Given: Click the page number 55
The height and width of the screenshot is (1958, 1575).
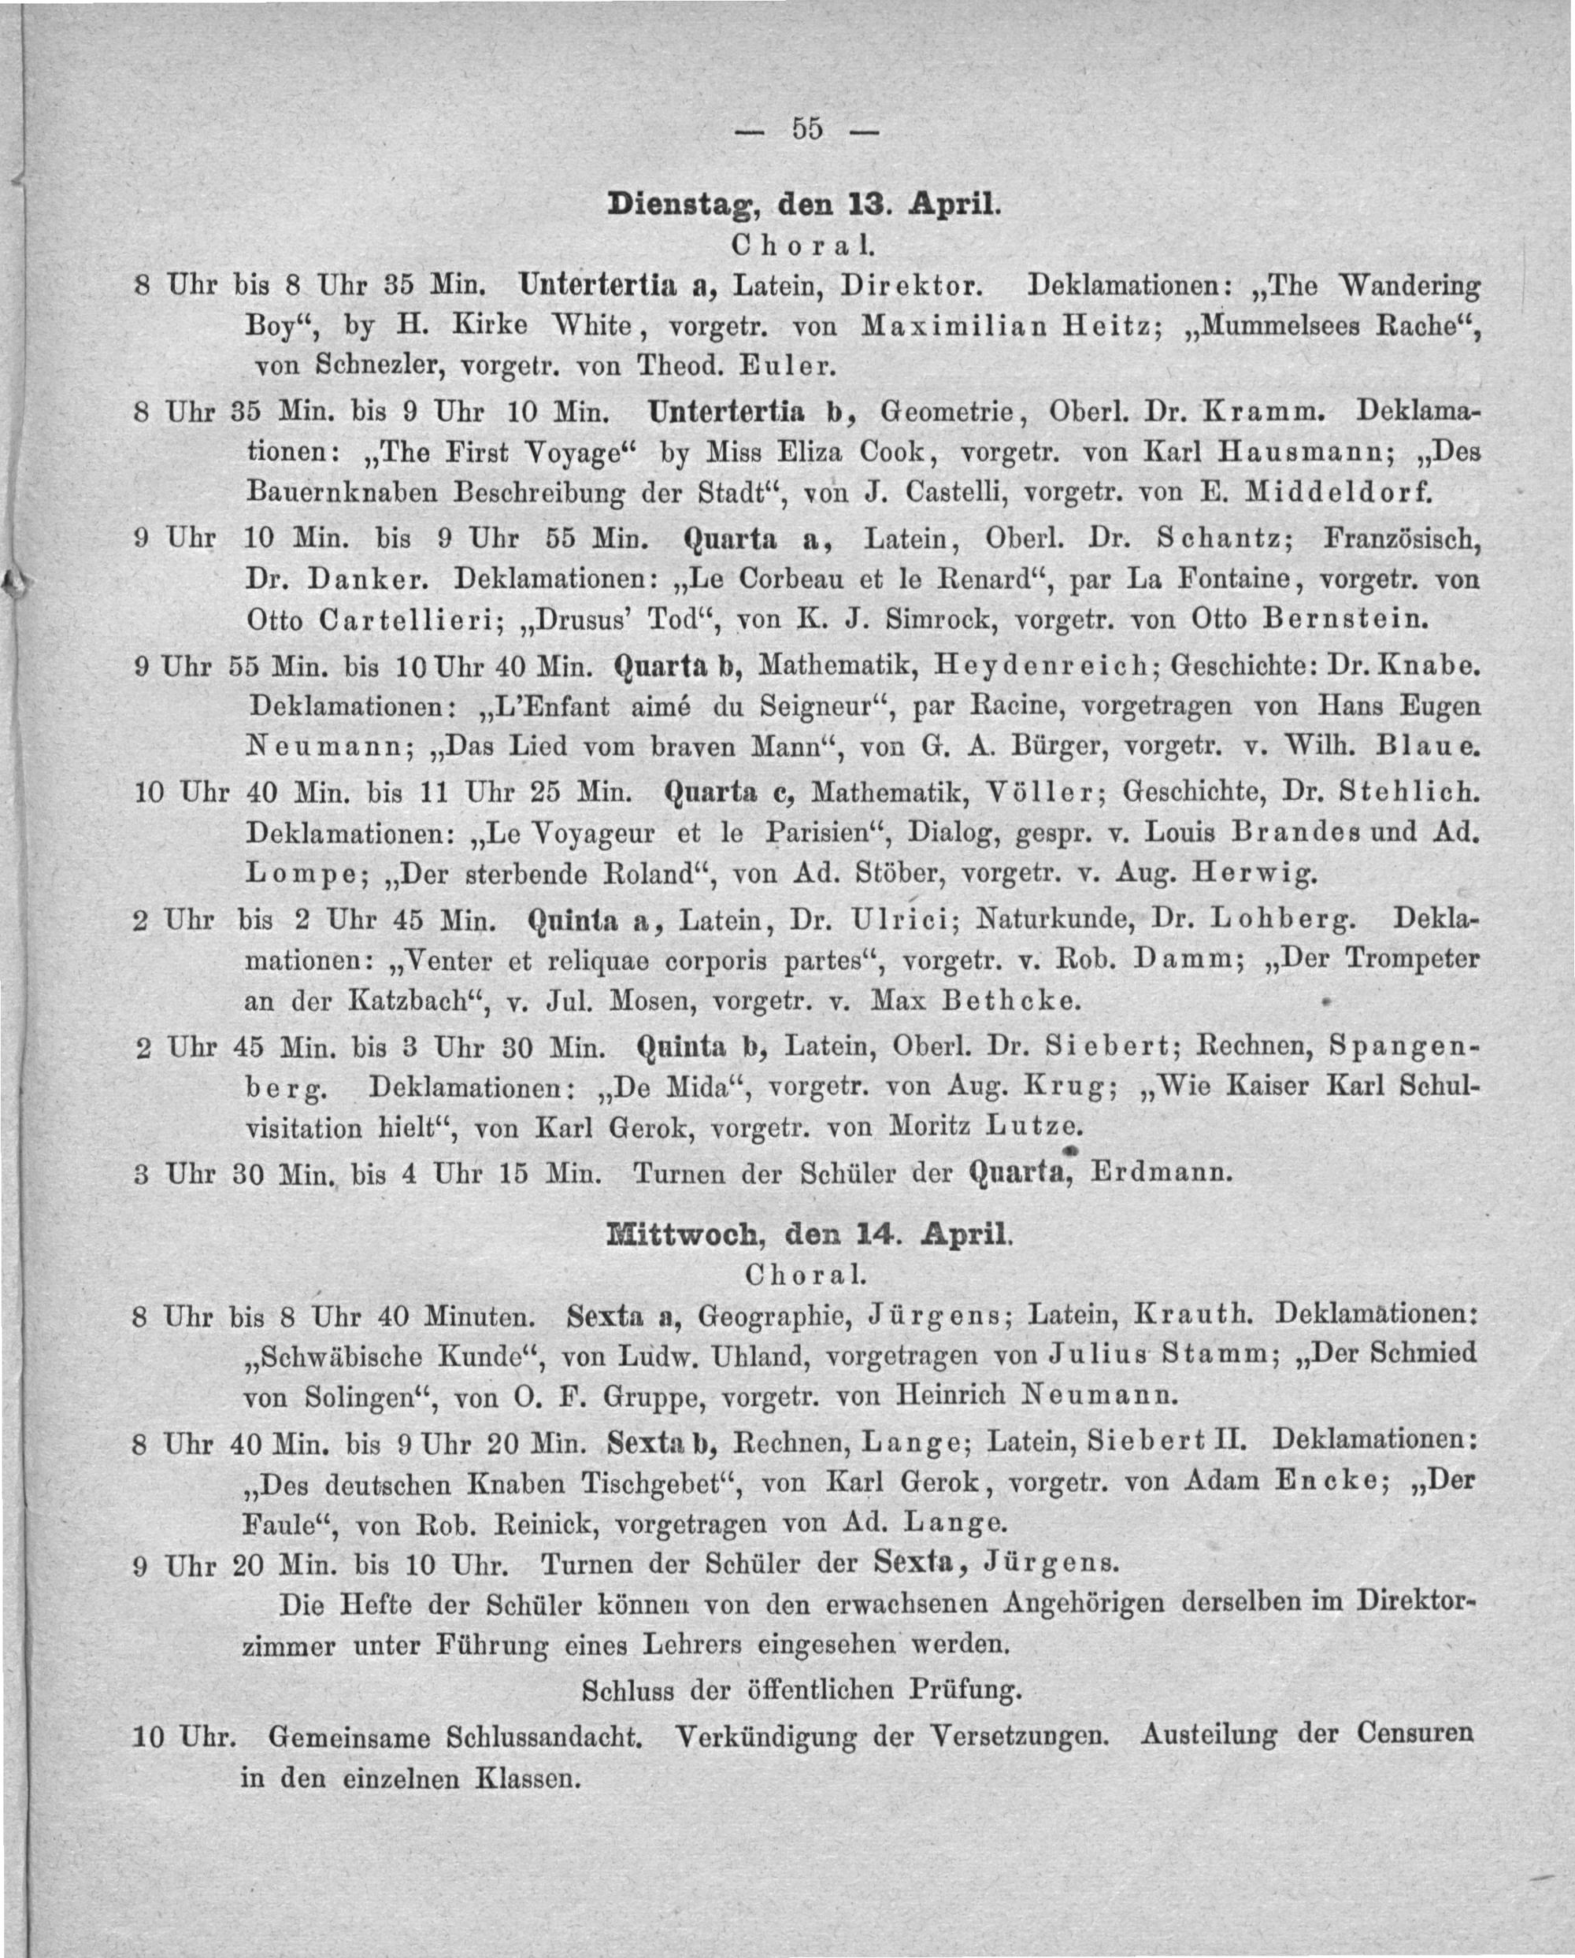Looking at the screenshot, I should (806, 130).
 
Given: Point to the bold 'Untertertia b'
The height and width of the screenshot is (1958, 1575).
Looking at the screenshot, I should (750, 412).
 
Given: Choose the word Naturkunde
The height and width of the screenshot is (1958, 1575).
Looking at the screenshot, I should (1054, 921).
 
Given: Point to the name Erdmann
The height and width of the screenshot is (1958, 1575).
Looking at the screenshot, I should (1160, 1172).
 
